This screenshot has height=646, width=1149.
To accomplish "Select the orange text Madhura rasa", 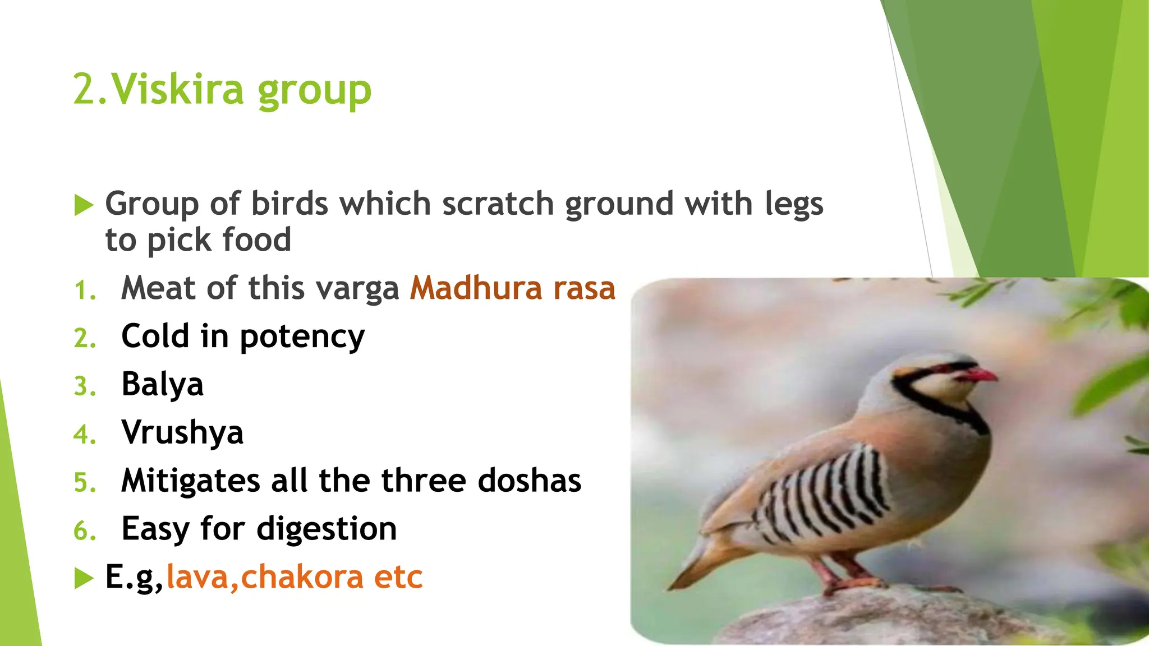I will (x=512, y=288).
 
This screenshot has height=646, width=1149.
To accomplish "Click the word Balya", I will (x=162, y=385).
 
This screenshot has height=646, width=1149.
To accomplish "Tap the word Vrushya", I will (x=182, y=433).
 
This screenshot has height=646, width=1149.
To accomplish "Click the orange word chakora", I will (x=302, y=577).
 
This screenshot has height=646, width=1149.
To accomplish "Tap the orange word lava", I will (x=198, y=577).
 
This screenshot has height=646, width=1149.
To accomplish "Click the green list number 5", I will (x=84, y=483).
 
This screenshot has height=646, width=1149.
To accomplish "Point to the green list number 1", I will (x=84, y=290).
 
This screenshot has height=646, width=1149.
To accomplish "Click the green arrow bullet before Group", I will (x=84, y=205).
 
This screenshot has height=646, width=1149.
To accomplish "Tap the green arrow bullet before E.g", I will (x=84, y=578).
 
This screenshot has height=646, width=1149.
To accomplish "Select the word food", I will (x=256, y=240).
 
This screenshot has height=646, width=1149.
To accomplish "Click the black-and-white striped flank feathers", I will (x=825, y=493).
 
